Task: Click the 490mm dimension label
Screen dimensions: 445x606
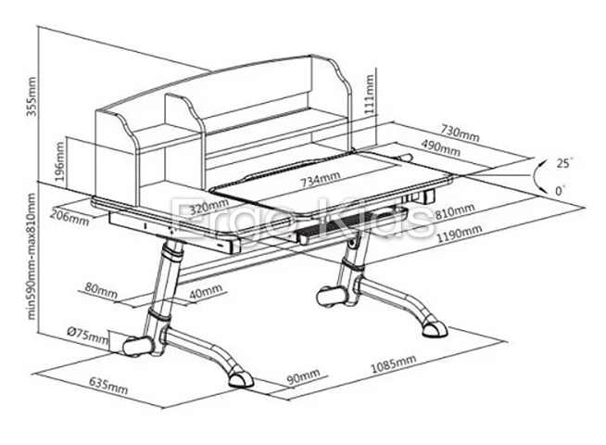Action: pos(442,146)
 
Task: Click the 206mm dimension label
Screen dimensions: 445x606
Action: pos(70,219)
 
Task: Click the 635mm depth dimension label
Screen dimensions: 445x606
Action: pos(107,384)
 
